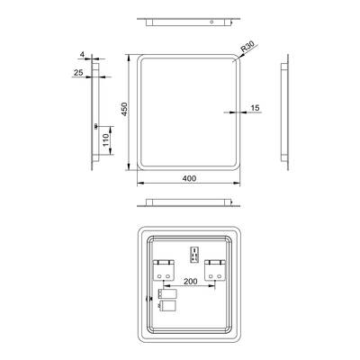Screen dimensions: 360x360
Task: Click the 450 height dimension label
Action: point(124,109)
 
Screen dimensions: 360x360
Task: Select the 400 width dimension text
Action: point(189,178)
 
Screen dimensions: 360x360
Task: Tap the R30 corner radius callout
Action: point(247,47)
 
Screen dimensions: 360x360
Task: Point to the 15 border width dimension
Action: point(255,108)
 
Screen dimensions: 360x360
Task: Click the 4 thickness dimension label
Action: point(82,55)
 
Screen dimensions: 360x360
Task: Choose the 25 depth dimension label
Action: point(78,73)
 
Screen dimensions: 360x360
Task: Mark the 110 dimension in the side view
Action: point(105,140)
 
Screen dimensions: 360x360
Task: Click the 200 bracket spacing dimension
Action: point(191,282)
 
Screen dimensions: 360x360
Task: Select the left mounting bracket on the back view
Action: point(164,270)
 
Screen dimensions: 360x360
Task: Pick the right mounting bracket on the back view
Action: point(215,270)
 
